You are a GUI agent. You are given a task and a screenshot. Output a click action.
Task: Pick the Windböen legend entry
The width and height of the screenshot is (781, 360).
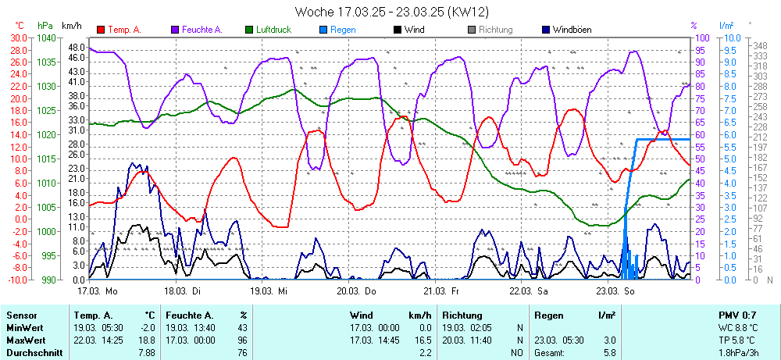click(569, 30)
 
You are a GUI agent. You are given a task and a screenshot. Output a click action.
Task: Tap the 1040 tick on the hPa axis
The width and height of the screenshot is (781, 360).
click(46, 37)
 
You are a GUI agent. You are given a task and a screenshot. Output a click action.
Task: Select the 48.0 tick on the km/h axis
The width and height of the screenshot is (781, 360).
click(76, 46)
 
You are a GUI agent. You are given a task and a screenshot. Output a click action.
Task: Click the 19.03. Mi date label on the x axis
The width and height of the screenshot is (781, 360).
click(269, 290)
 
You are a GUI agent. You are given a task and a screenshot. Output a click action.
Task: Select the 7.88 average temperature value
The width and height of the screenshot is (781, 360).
click(147, 352)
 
